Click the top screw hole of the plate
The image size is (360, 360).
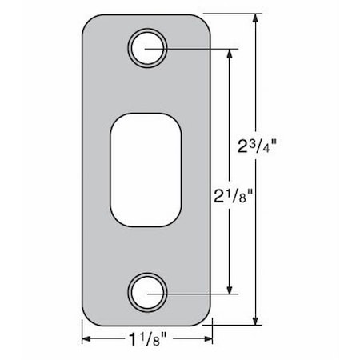(148, 46)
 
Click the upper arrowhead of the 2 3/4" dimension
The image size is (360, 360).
(257, 20)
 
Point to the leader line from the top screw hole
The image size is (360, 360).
(200, 49)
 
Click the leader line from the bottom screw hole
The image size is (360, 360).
(200, 294)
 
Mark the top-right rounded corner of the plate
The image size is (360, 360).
(207, 22)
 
